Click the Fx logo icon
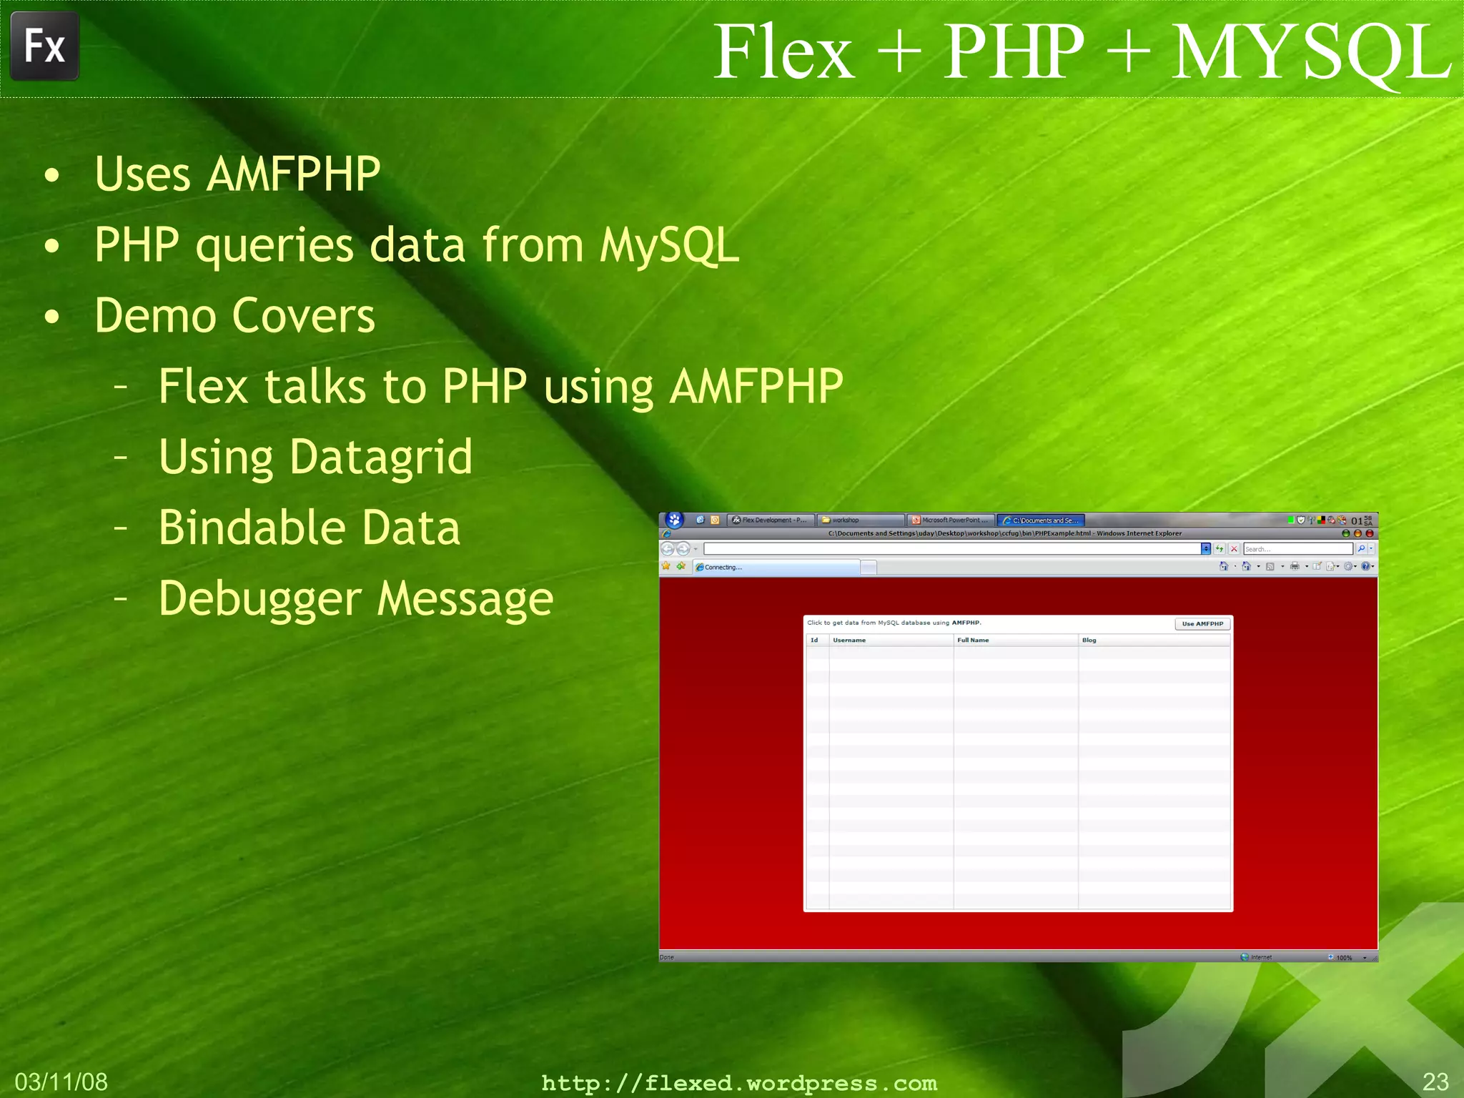click(x=44, y=46)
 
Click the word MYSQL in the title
click(x=1310, y=51)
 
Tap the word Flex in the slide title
click(x=784, y=51)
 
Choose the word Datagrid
click(x=381, y=457)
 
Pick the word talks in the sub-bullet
click(x=315, y=387)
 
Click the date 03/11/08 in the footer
click(x=61, y=1082)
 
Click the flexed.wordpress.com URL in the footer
click(x=739, y=1083)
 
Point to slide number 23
click(x=1435, y=1082)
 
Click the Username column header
click(x=849, y=640)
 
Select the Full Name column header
click(x=973, y=640)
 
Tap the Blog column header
click(x=1089, y=640)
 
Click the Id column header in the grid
click(x=814, y=640)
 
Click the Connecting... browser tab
click(x=776, y=568)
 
